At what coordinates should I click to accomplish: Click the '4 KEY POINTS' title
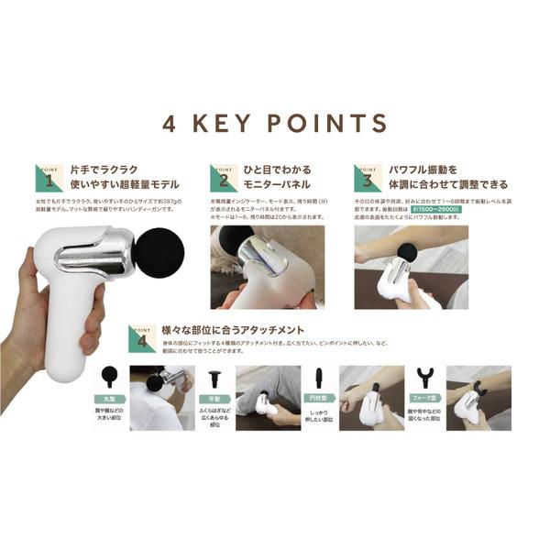click(x=275, y=124)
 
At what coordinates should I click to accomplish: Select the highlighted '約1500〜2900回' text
click(x=434, y=210)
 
